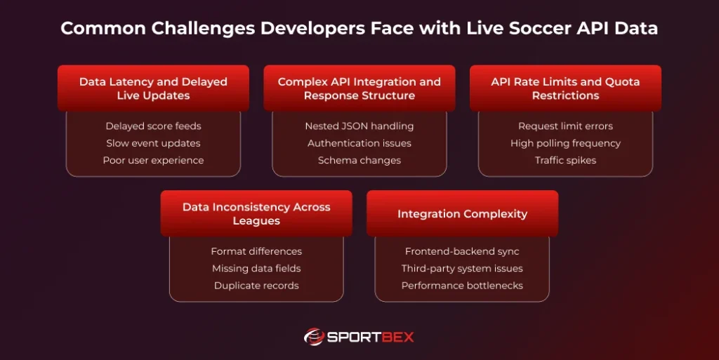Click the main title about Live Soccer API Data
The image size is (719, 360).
coord(359,29)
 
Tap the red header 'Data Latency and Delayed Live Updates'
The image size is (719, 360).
coord(153,88)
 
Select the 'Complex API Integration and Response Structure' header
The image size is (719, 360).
coord(359,88)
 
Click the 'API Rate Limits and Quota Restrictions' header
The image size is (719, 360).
coord(565,88)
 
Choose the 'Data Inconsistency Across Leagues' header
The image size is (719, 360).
coord(256,213)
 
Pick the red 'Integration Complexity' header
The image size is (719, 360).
coord(462,213)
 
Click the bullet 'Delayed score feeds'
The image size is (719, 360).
coord(153,126)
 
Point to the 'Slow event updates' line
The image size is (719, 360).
coord(153,143)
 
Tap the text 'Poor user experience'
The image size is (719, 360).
coord(153,160)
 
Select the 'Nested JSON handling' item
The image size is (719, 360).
coord(359,126)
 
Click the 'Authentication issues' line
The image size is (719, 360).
coord(359,143)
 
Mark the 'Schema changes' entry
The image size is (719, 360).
coord(359,160)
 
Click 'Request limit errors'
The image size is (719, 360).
coord(565,126)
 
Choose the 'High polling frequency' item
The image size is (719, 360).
coord(565,143)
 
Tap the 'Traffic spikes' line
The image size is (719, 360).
coord(565,160)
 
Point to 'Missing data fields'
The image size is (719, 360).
coord(256,268)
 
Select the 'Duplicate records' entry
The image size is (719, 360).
coord(256,286)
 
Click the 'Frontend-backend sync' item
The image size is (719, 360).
coord(462,251)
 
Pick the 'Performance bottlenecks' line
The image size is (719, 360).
coord(462,286)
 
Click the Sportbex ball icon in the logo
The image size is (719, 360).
coord(313,337)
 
